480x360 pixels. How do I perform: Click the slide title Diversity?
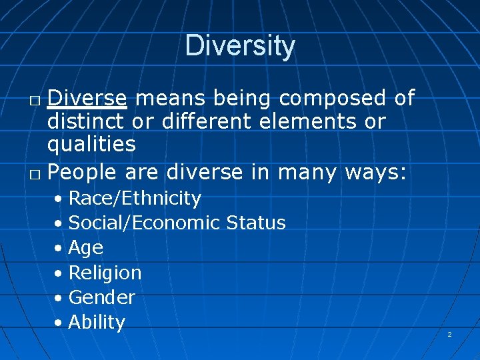tap(240, 46)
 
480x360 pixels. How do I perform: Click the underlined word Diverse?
tap(87, 98)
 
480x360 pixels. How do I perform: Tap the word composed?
tap(333, 99)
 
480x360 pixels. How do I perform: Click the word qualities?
tap(91, 145)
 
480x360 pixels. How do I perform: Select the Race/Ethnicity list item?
tap(135, 198)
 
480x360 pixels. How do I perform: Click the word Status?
tap(256, 223)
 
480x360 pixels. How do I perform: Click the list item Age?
tap(86, 248)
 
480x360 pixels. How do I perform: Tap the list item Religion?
tap(105, 273)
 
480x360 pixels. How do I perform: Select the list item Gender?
tap(102, 297)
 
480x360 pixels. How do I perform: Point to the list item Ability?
tap(97, 322)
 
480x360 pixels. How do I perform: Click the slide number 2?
tap(449, 334)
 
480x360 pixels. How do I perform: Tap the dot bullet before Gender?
tap(60, 298)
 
